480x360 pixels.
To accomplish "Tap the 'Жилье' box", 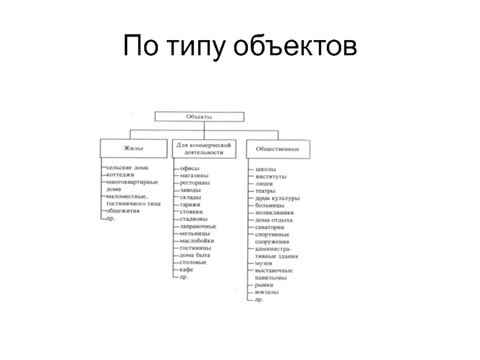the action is pos(134,147).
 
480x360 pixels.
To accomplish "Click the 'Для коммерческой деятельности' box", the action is pos(205,149).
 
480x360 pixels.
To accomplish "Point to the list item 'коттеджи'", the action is pos(121,175).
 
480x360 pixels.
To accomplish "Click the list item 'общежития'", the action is pos(124,211).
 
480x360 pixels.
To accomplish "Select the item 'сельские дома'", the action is pos(127,167).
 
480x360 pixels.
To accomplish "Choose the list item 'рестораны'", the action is pos(194,183).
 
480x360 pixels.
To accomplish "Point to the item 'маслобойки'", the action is pos(197,241).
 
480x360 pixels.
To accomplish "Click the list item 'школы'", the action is pos(265,169).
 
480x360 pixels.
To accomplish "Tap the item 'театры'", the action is pos(265,191).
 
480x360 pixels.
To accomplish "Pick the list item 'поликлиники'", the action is pos(274,212).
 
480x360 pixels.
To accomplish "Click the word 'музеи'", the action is pos(264,263).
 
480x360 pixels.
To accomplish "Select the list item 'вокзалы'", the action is pos(266,292).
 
